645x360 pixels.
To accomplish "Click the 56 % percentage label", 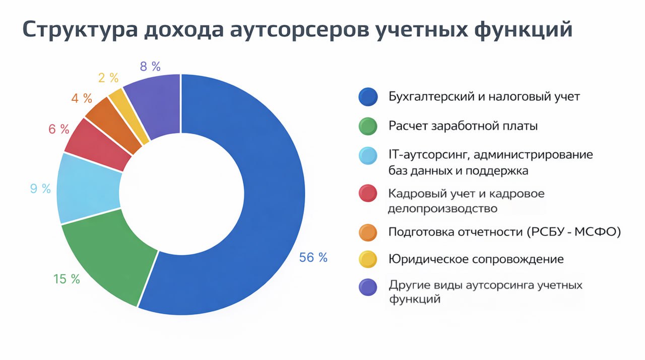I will [x=313, y=258].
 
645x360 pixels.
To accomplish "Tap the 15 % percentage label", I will [x=67, y=279].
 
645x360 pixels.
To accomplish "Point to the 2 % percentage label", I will [x=107, y=78].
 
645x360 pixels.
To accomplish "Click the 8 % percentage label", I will [x=150, y=66].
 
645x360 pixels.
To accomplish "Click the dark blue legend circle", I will [x=368, y=97].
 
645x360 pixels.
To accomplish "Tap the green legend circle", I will [x=368, y=126].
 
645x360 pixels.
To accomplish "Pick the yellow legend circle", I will [x=368, y=260].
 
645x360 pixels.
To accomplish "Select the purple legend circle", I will [x=368, y=287].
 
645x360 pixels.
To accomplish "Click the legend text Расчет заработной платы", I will [x=463, y=126].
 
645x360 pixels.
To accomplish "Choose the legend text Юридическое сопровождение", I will [x=476, y=260].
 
